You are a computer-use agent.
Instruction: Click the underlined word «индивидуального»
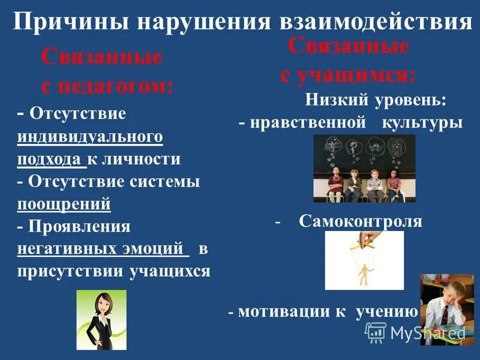coord(90,136)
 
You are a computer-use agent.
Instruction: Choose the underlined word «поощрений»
coord(64,203)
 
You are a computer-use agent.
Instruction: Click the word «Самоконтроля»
coord(360,221)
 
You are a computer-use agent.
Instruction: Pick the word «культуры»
coord(422,123)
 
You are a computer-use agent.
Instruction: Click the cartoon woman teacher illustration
coord(101,320)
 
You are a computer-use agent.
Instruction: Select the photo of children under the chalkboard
coord(364,168)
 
